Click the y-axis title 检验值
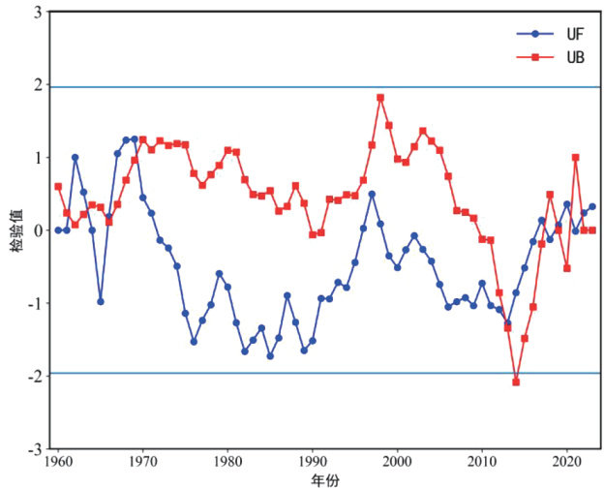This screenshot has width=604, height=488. coord(13,230)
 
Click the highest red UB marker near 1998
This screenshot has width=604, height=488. coord(380,98)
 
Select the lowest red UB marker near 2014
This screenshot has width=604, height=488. coord(516,382)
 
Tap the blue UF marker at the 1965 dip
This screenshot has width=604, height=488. coord(100,301)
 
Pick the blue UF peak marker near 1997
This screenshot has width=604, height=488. coord(372,195)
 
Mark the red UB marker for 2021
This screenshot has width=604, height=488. coord(576,157)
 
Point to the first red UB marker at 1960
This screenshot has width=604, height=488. coord(58,186)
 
